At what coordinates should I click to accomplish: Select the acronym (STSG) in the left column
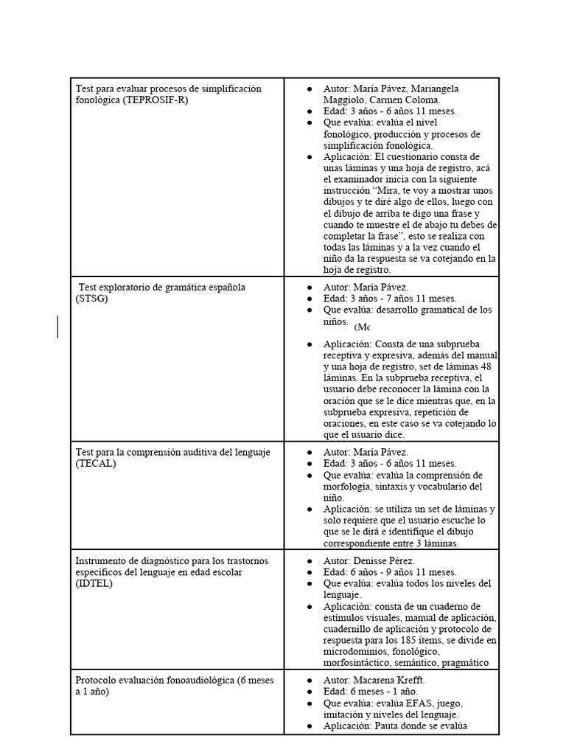click(x=91, y=299)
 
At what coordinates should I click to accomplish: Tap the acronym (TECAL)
click(x=96, y=464)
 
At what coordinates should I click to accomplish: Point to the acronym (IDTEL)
click(x=94, y=584)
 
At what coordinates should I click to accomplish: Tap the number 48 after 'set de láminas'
click(x=486, y=366)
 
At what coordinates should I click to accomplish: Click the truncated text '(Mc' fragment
click(x=362, y=327)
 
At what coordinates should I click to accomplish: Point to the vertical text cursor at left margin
click(x=57, y=326)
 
